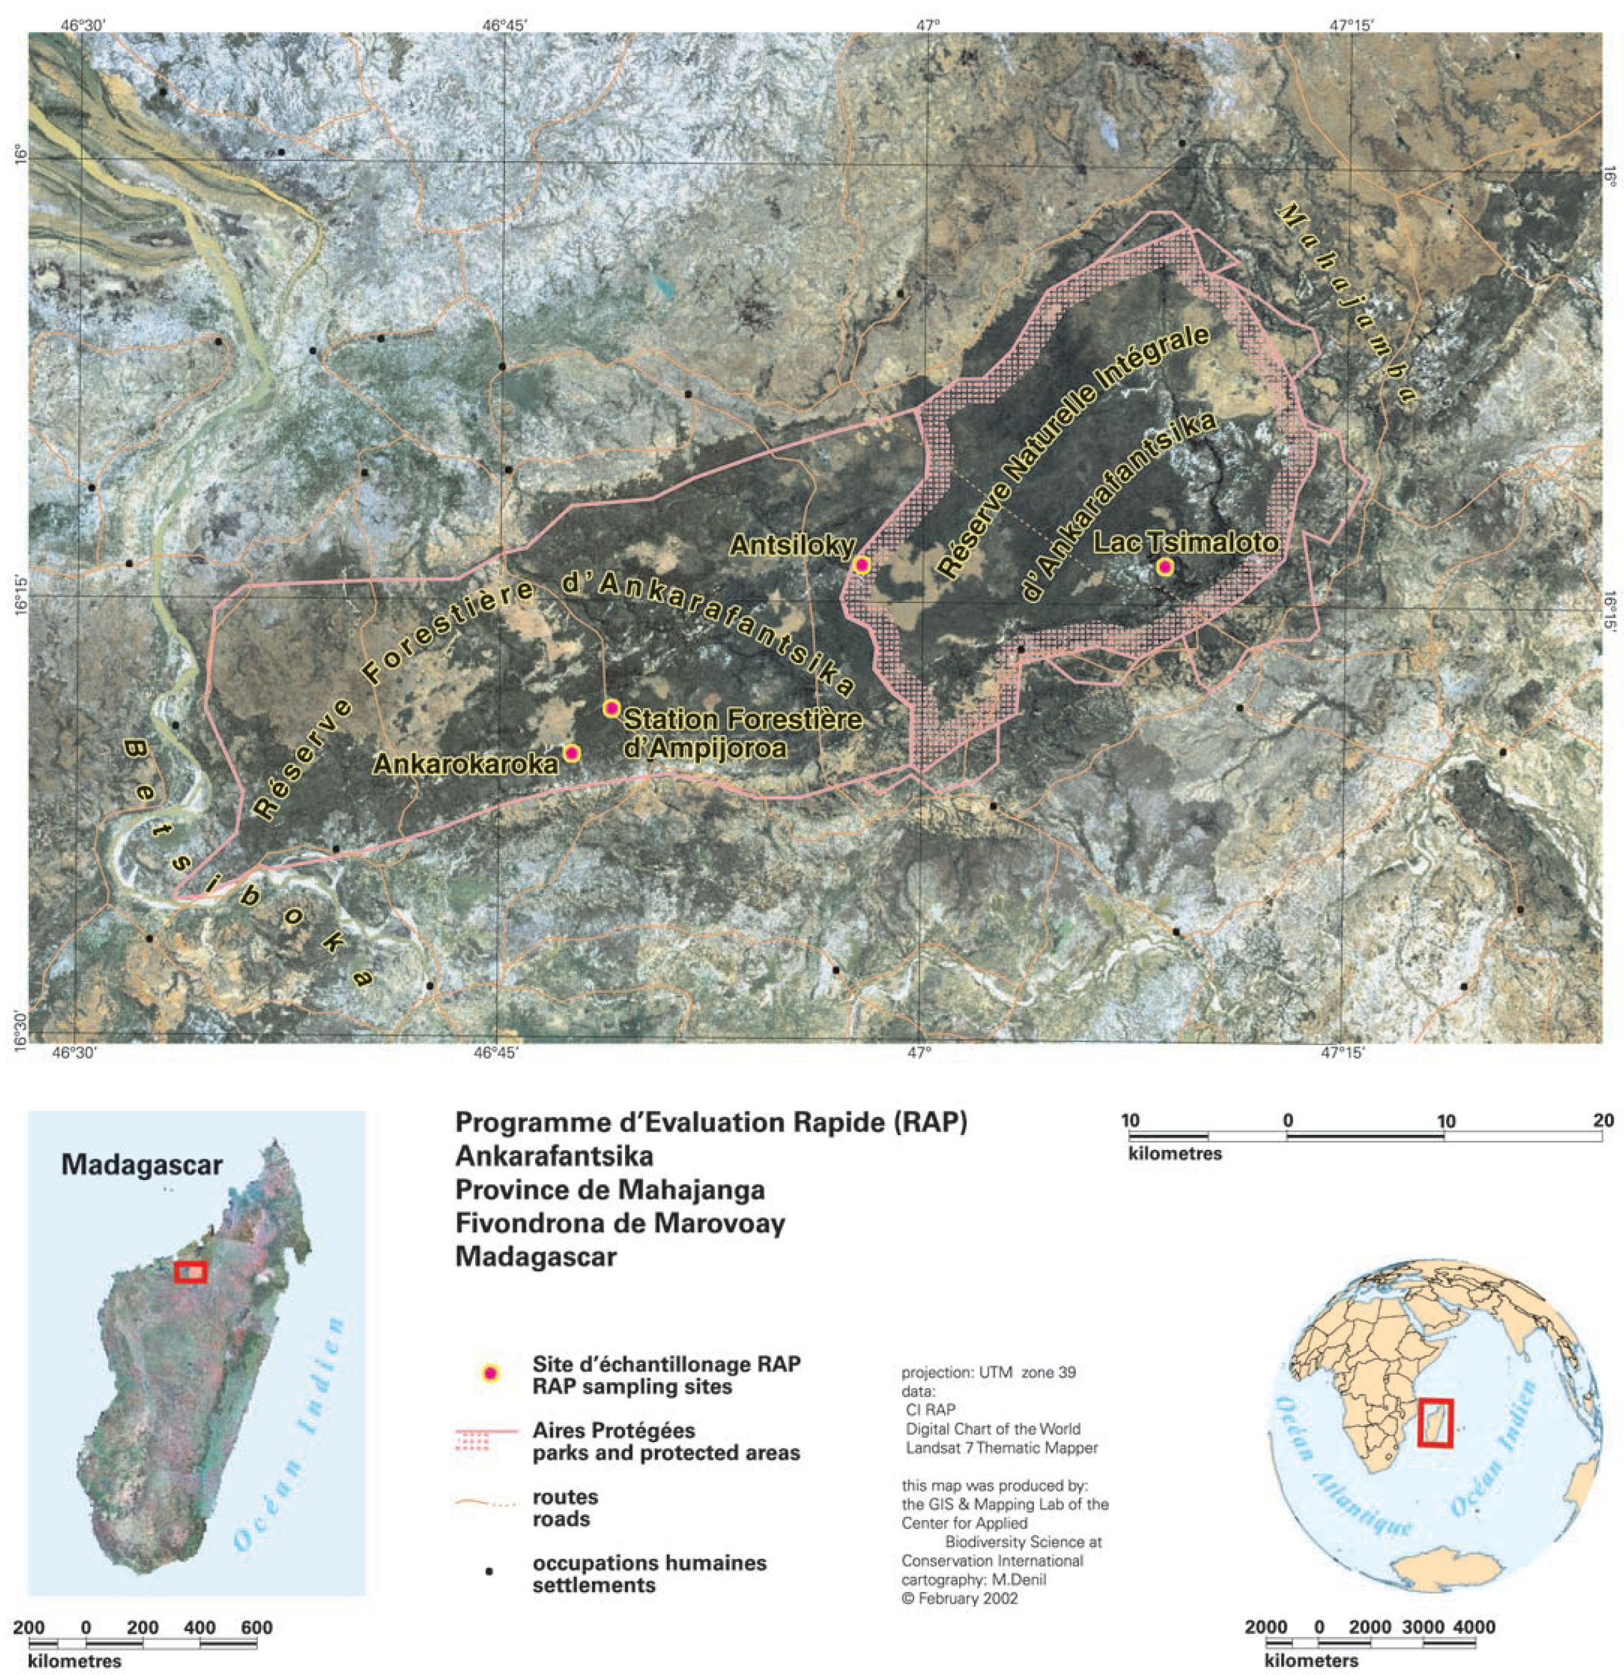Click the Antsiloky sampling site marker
(862, 565)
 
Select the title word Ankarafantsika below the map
(554, 1156)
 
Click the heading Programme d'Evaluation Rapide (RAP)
(711, 1122)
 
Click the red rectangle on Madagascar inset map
(190, 1272)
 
